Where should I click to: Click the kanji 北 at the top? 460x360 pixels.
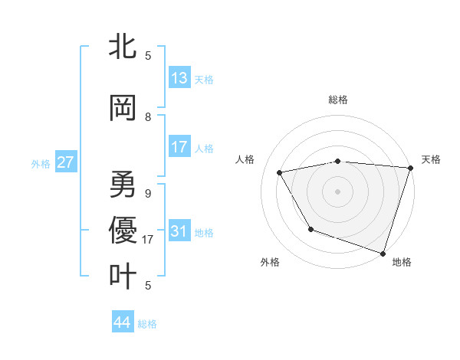pos(123,47)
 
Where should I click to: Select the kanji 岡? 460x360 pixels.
pos(123,108)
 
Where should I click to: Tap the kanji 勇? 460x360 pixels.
pos(123,185)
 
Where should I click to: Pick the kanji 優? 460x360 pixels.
pos(123,231)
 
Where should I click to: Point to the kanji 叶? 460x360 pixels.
pos(123,277)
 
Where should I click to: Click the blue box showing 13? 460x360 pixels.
pos(179,78)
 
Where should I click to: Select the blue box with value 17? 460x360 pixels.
pos(179,147)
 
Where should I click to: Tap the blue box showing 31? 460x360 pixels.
pos(179,231)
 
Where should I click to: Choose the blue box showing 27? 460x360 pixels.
pos(66,162)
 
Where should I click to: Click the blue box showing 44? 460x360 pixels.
pos(123,322)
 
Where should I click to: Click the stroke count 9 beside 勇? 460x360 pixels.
pos(148,194)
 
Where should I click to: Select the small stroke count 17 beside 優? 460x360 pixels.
pos(149,240)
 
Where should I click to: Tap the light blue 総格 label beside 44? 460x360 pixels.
pos(147,324)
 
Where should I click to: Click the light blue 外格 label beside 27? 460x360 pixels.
pos(41,163)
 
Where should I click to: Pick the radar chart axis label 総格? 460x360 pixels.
pos(337,100)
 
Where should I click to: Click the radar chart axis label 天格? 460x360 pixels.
pos(431,159)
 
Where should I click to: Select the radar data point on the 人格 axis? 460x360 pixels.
pos(280,173)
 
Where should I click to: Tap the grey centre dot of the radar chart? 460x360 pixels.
pos(337,191)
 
